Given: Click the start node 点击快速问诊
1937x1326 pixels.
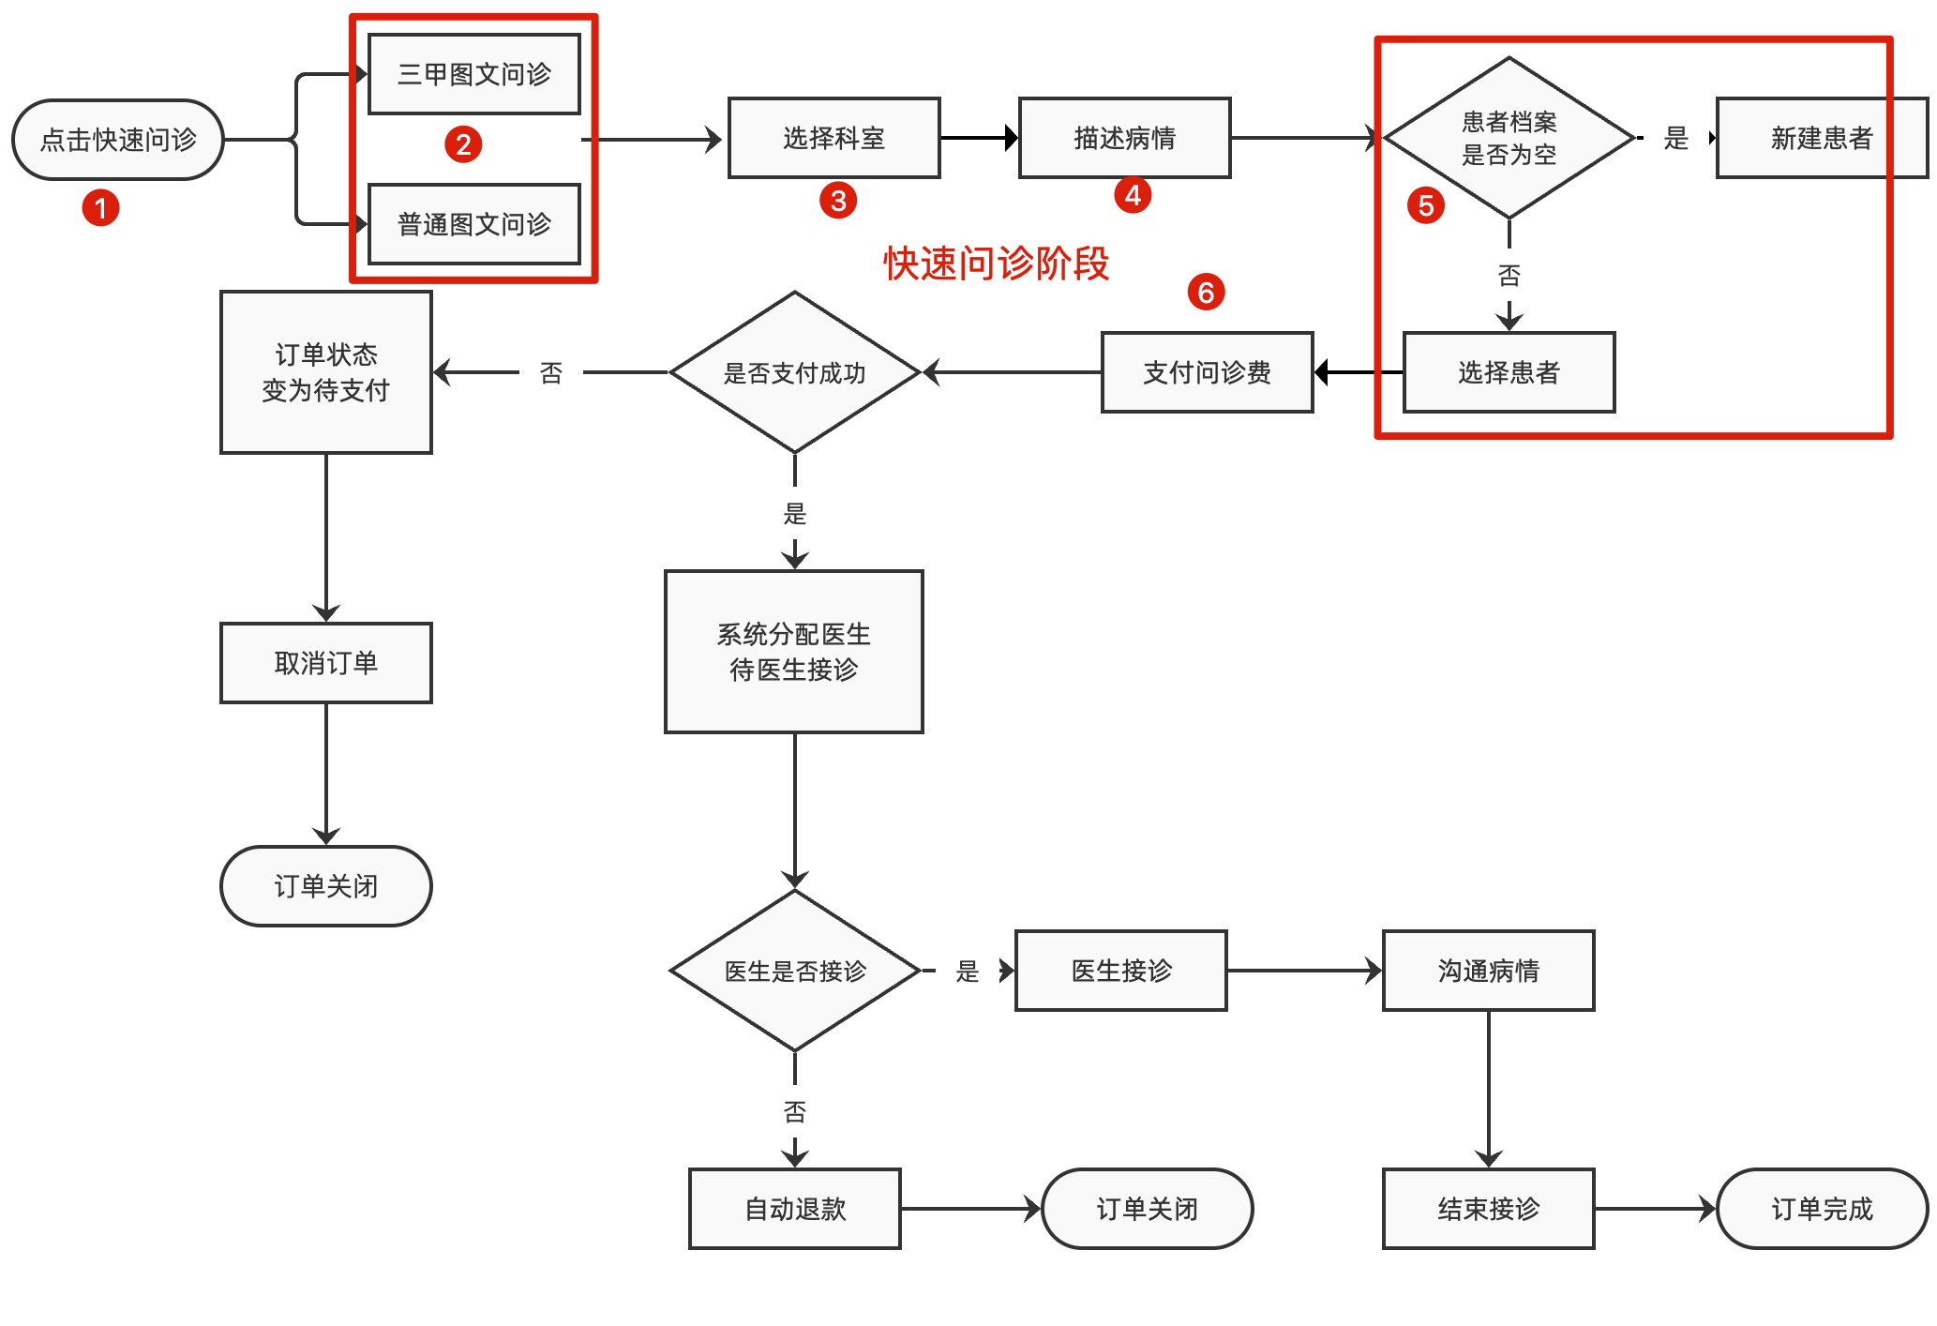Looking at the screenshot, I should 118,140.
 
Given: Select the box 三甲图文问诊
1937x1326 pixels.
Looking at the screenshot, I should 474,74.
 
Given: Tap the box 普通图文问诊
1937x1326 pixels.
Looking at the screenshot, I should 474,224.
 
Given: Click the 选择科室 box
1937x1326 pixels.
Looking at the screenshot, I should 833,138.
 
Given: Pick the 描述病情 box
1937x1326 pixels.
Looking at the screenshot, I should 1124,138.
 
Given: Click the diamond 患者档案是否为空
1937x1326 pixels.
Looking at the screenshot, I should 1509,138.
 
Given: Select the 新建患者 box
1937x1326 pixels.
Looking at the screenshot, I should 1821,138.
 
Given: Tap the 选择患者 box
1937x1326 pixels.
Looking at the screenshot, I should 1509,372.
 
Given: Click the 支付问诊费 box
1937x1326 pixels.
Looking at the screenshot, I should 1207,372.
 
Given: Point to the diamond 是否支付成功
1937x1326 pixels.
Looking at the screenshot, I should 794,372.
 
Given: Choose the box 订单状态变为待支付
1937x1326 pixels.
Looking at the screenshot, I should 325,372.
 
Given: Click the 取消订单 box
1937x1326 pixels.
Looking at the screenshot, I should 325,663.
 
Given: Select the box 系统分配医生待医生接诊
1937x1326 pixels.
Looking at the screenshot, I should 793,652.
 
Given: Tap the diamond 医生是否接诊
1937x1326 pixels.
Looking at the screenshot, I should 794,971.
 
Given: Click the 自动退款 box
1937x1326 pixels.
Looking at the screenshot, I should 794,1209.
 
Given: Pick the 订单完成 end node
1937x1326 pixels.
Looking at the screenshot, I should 1821,1209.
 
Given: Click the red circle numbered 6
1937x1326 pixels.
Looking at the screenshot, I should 1206,293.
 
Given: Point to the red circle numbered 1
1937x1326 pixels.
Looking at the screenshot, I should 100,207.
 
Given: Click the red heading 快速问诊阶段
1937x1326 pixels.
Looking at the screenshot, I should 996,264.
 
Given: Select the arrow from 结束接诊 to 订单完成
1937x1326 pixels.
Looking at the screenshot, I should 1655,1209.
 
